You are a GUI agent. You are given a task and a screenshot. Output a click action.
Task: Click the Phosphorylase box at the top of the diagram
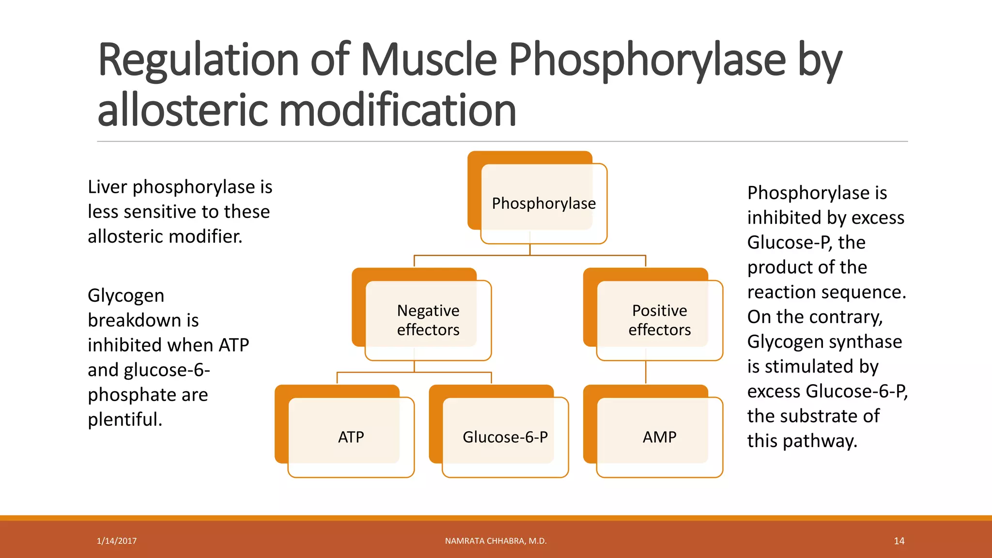pyautogui.click(x=543, y=203)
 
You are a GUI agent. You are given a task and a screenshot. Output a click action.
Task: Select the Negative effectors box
pyautogui.click(x=428, y=320)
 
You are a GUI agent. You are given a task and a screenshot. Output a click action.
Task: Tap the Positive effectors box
pyautogui.click(x=659, y=320)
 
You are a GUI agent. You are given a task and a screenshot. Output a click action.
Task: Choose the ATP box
pyautogui.click(x=351, y=437)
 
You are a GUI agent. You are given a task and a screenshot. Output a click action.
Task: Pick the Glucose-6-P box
pyautogui.click(x=505, y=437)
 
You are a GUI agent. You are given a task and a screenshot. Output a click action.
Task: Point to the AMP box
pyautogui.click(x=659, y=437)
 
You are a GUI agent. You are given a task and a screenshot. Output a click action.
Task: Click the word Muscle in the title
pyautogui.click(x=429, y=60)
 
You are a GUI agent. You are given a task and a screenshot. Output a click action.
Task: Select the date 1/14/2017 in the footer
pyautogui.click(x=117, y=541)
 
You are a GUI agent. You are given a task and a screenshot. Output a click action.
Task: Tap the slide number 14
pyautogui.click(x=899, y=541)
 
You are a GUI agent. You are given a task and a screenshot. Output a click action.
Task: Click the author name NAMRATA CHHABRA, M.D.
pyautogui.click(x=496, y=541)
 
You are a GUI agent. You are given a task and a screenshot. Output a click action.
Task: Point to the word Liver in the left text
pyautogui.click(x=107, y=187)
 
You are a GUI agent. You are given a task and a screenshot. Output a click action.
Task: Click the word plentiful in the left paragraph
pyautogui.click(x=124, y=419)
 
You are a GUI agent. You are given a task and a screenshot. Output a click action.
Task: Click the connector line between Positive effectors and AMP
pyautogui.click(x=646, y=372)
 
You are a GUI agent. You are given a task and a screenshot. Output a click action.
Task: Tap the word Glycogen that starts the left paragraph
pyautogui.click(x=126, y=296)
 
